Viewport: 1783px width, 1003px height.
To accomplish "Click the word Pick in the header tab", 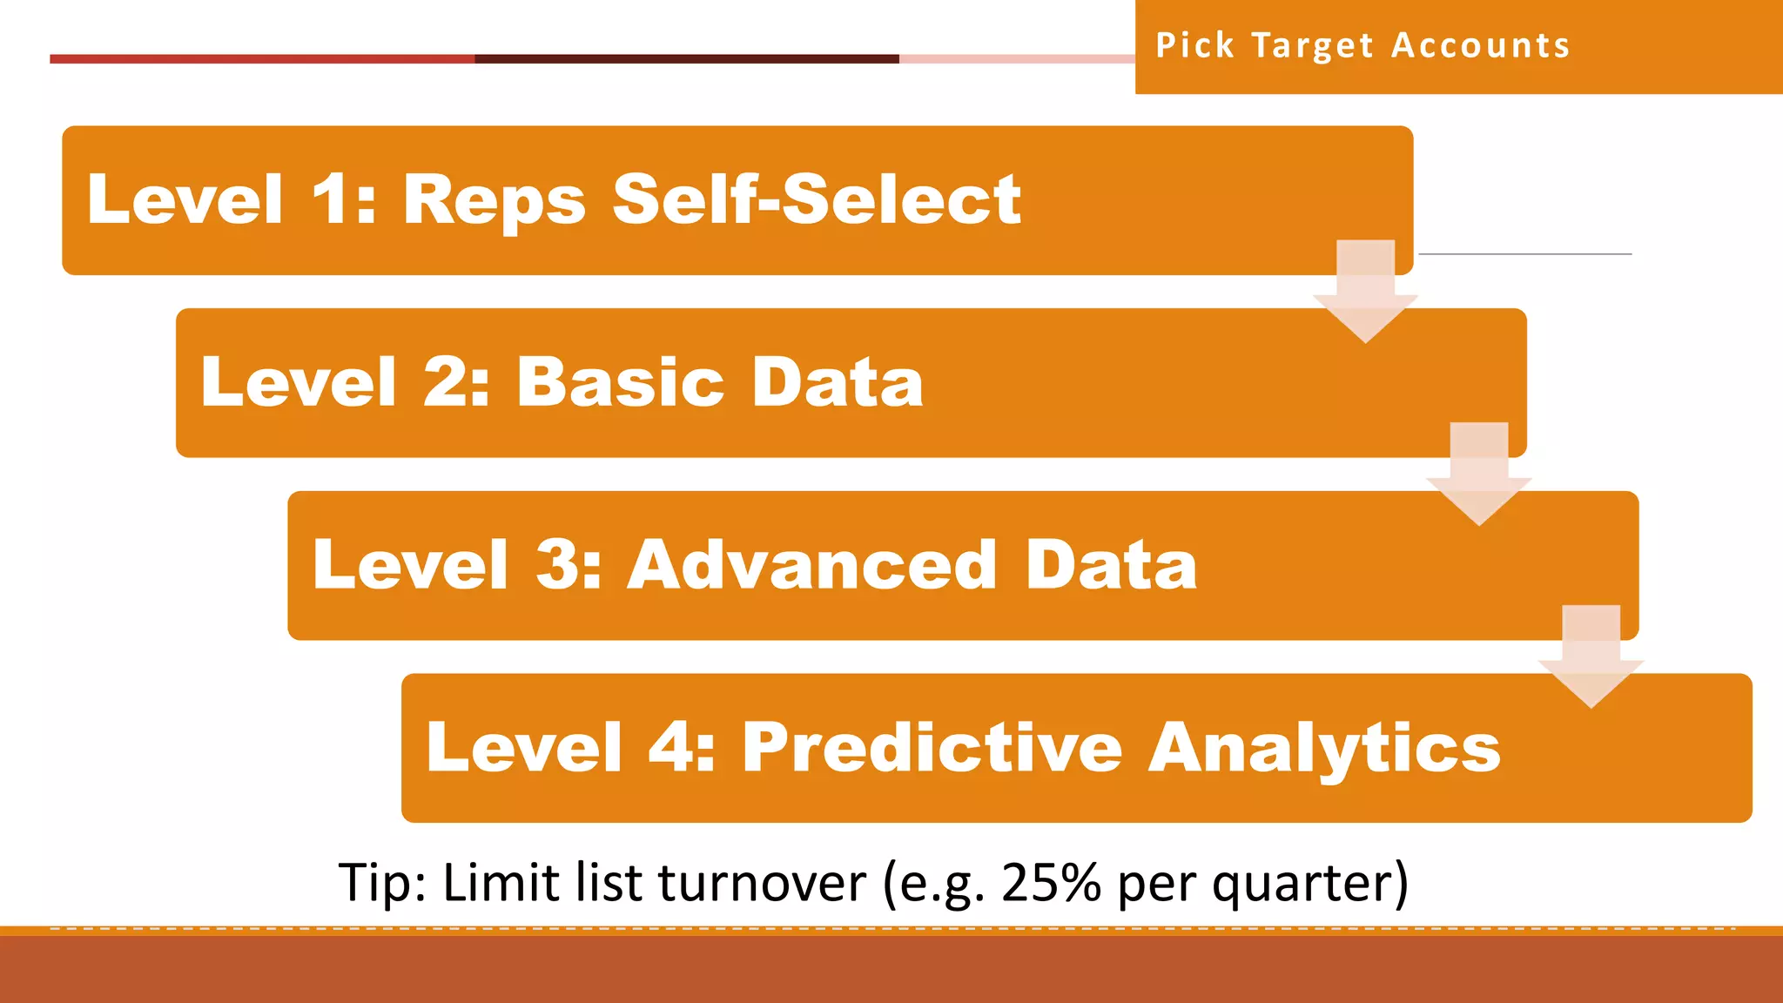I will click(1194, 45).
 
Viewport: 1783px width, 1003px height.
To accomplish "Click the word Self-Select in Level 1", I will click(817, 199).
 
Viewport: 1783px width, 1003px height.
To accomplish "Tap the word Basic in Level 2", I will click(620, 382).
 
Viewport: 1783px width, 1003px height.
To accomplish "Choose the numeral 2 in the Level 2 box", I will click(446, 382).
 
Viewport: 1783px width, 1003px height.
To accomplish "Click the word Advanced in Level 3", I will click(811, 565).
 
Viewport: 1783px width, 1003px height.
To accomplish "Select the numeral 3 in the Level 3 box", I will click(557, 565).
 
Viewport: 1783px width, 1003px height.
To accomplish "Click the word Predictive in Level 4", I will click(932, 748).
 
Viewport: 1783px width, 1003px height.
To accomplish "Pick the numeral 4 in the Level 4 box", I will click(670, 748).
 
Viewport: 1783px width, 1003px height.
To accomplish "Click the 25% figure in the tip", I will click(1052, 883).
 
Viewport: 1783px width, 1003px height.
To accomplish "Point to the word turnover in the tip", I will click(762, 883).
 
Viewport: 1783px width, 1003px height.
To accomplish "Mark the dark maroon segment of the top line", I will click(687, 59).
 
